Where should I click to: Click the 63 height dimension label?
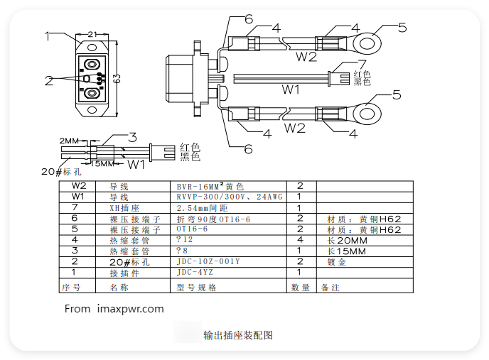116,79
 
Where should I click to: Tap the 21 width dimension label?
92,34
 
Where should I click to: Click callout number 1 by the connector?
47,35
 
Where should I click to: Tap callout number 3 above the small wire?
132,136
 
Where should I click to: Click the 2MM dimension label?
69,140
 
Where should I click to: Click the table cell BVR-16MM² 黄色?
210,186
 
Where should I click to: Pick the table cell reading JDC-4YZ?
195,272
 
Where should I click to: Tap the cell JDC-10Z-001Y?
208,261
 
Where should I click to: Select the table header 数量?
300,288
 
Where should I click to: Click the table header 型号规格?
196,288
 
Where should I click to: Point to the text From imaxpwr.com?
114,309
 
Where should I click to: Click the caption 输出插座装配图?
238,335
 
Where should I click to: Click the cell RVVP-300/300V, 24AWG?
230,197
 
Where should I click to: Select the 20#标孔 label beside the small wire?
62,172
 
